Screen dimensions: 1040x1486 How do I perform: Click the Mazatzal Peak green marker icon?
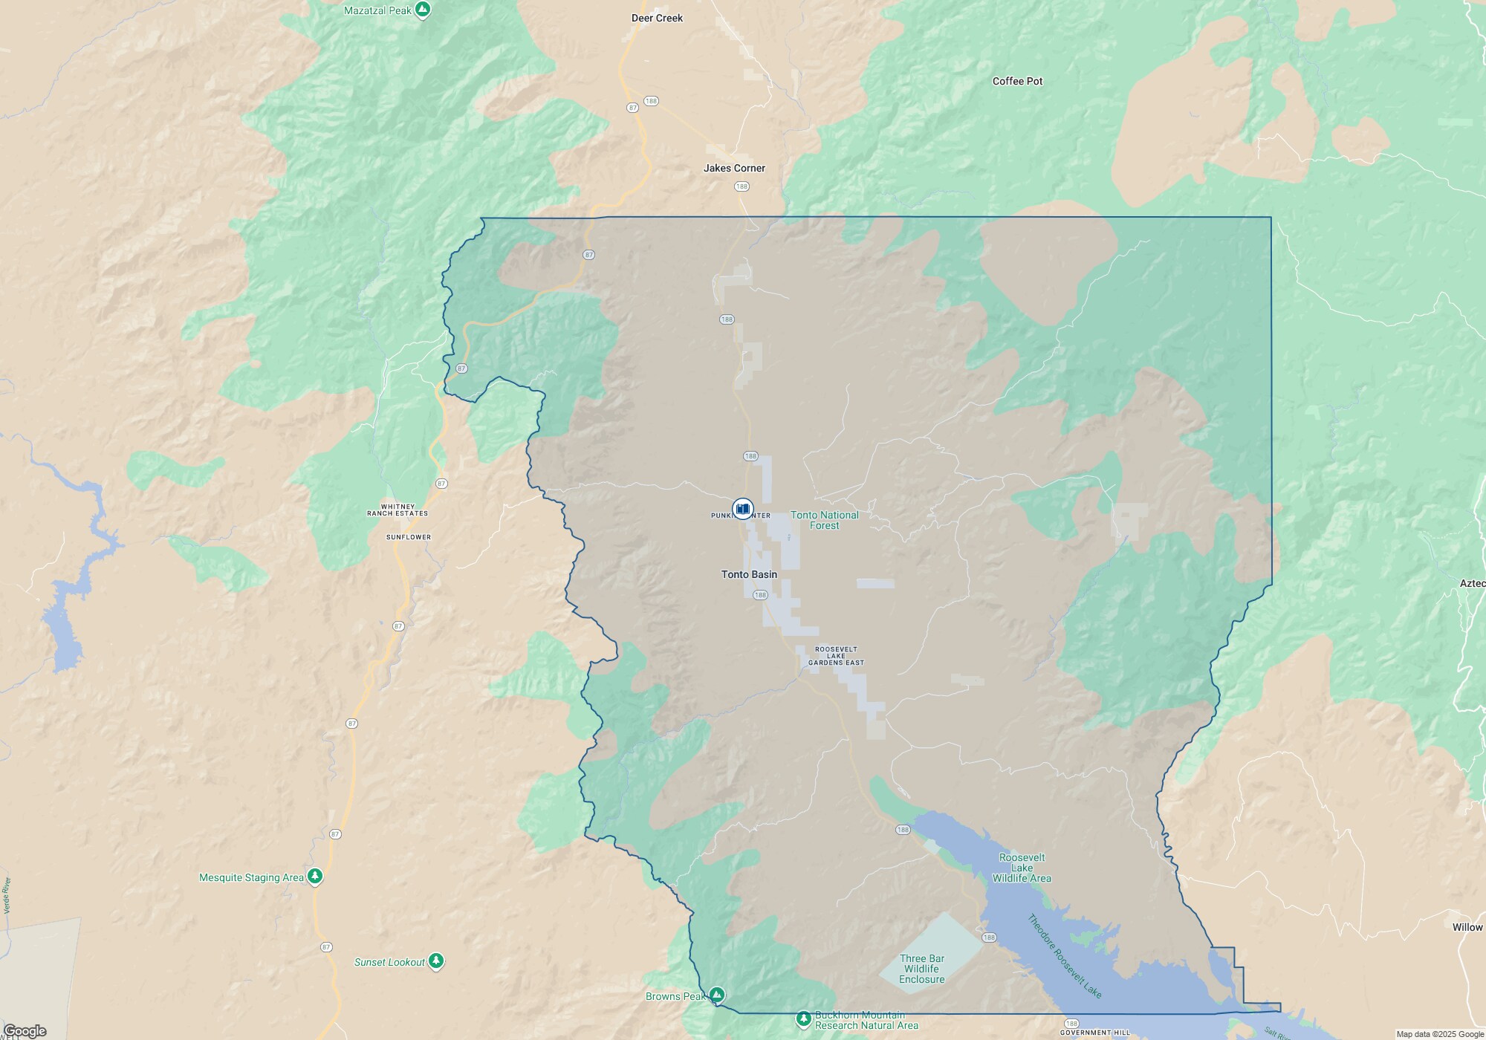(x=423, y=10)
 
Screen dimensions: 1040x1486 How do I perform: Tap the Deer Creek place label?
(x=657, y=18)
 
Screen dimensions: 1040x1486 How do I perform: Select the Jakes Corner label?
(x=734, y=168)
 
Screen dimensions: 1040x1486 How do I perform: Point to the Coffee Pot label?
(x=1017, y=81)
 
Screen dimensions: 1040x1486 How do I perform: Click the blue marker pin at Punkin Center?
(x=742, y=508)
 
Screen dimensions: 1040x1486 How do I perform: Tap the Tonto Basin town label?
(x=749, y=574)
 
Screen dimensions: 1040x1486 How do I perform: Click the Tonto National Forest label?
(x=824, y=520)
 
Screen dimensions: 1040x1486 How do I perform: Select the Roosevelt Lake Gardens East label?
(x=836, y=656)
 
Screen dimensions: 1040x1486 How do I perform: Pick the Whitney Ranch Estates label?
(x=398, y=510)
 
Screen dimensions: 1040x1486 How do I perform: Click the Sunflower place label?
(x=409, y=537)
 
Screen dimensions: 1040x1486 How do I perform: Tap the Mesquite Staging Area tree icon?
(x=315, y=877)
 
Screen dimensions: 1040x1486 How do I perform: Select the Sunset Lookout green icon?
(x=436, y=961)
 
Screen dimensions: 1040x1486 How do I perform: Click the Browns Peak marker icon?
(x=716, y=995)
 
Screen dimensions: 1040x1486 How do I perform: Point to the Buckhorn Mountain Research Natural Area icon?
(x=803, y=1018)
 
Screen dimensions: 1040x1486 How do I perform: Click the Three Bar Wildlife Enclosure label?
(x=922, y=969)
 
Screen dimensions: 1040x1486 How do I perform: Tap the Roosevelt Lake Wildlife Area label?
(x=1022, y=868)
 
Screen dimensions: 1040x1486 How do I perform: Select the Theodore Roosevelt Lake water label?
(x=1064, y=956)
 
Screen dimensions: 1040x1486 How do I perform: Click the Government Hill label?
(x=1095, y=1033)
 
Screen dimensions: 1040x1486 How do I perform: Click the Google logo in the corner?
(x=25, y=1030)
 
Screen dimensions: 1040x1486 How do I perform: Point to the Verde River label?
(x=7, y=895)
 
